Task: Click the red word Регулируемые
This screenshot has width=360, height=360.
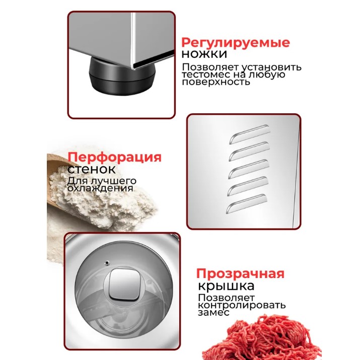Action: click(235, 42)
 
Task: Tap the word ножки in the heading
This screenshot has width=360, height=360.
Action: click(204, 54)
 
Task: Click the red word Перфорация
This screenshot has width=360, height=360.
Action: click(114, 157)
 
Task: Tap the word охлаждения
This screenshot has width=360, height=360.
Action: click(100, 188)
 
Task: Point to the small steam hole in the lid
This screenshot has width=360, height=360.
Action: click(107, 262)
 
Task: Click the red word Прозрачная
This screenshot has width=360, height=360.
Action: click(240, 274)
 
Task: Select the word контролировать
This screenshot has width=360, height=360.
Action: click(241, 305)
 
